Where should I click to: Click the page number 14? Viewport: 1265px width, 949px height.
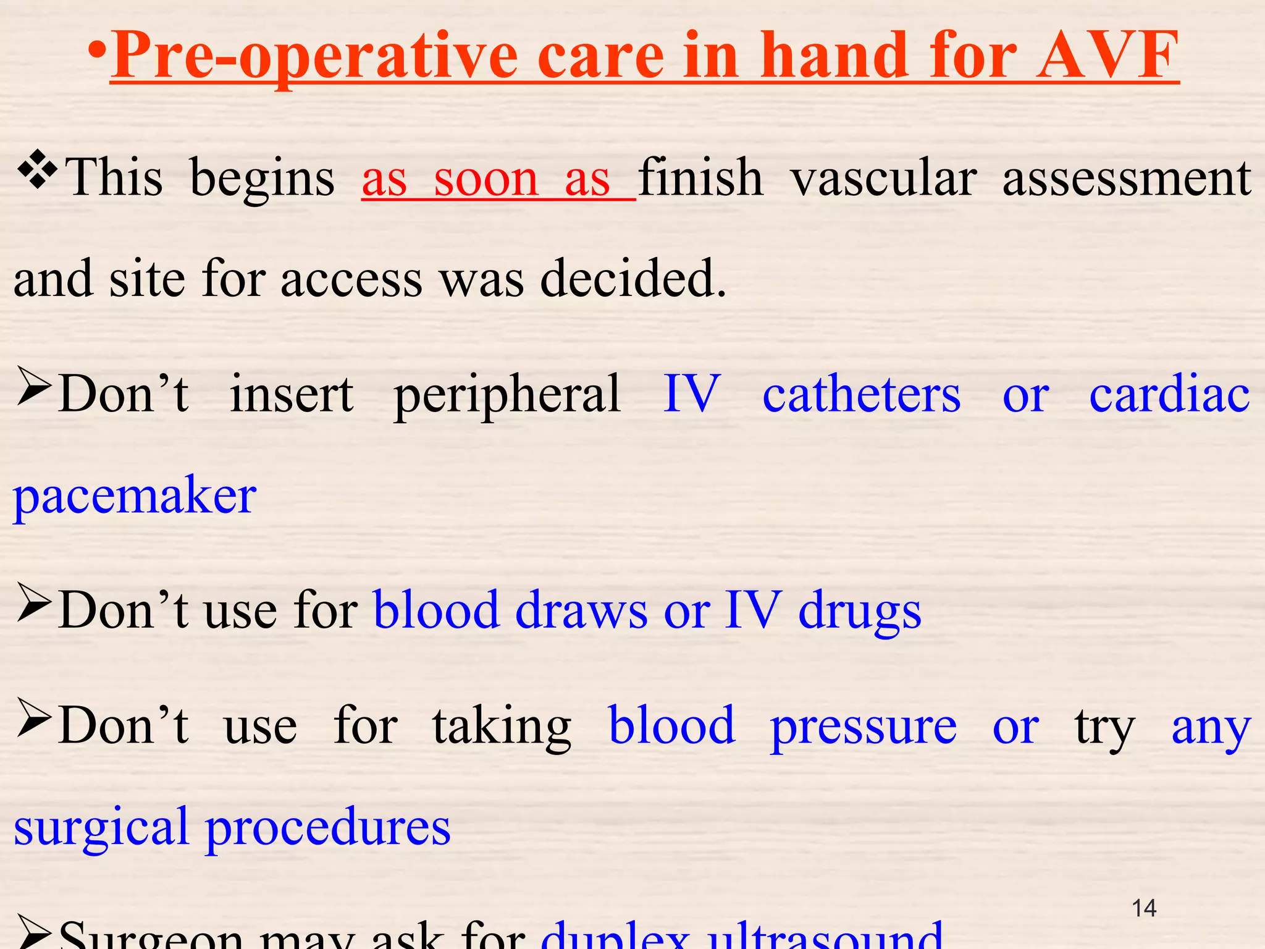[1144, 908]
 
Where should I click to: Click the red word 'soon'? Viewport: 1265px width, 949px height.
[486, 180]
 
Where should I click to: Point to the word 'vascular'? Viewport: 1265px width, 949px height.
[883, 179]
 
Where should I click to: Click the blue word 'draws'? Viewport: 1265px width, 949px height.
[581, 610]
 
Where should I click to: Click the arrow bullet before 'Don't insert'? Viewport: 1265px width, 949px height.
[33, 386]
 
